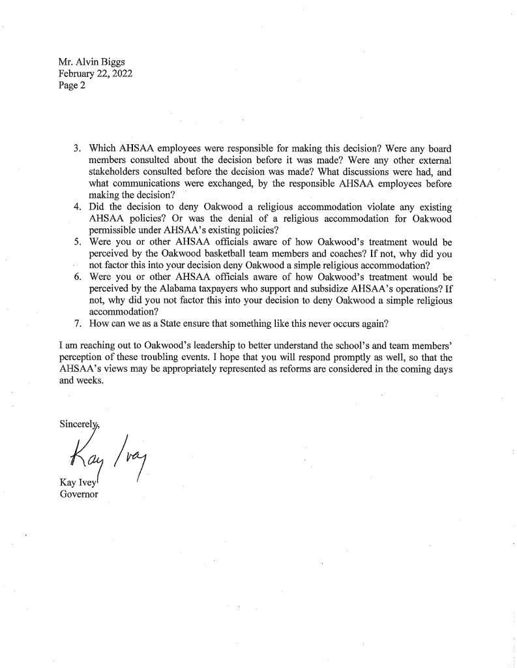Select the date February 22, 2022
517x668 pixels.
click(95, 74)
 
